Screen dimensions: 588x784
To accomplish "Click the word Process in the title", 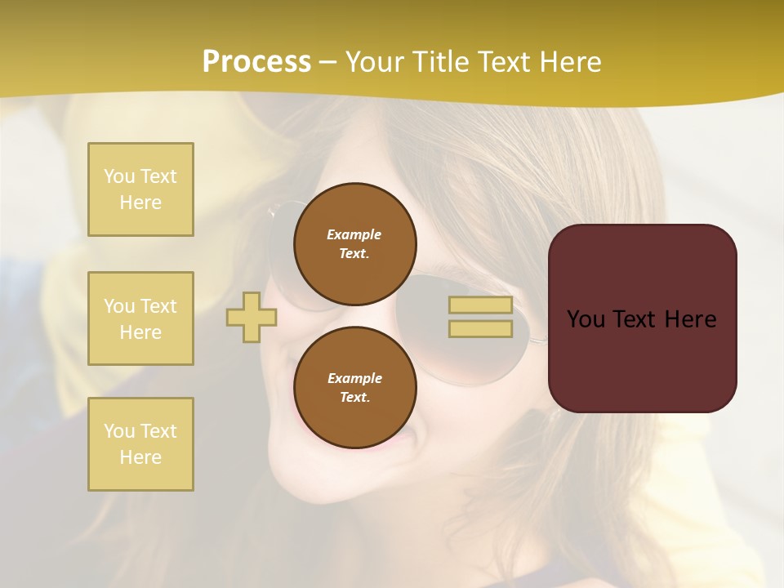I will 256,62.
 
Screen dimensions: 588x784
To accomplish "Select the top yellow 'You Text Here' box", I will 140,189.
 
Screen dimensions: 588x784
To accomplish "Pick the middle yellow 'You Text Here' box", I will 140,318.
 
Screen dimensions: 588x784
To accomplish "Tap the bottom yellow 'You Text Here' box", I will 140,444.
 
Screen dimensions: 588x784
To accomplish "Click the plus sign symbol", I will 252,317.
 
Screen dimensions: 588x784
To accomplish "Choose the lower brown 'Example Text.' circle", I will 354,388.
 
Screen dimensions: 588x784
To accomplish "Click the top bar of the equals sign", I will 480,305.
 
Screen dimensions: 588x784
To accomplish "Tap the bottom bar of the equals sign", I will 480,328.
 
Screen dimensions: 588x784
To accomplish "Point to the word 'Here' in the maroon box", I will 690,318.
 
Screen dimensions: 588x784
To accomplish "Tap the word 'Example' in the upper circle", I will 354,234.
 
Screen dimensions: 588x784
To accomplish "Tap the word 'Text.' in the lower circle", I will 354,398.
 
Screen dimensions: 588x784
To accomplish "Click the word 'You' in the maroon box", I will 586,318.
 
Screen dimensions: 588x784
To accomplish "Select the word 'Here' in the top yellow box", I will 140,203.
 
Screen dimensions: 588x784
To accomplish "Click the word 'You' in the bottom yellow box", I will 118,431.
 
